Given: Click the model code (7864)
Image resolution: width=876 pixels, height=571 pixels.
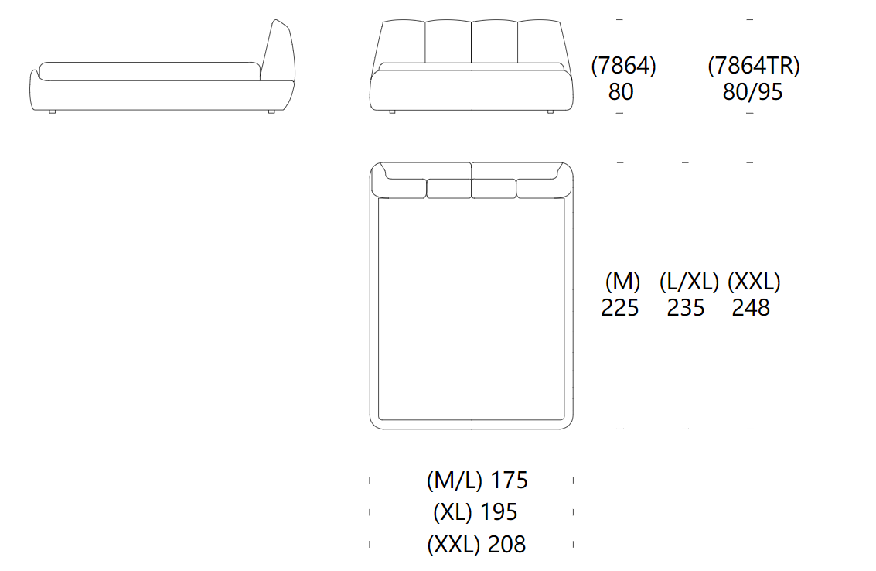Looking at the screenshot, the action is click(x=623, y=66).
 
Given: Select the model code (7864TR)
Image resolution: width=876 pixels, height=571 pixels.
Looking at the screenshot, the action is click(x=754, y=66).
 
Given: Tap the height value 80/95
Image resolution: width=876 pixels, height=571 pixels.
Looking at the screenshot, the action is click(x=752, y=92).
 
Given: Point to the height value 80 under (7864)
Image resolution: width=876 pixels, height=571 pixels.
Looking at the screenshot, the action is click(x=621, y=92).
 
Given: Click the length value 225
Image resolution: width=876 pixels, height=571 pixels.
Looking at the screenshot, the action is click(x=619, y=308).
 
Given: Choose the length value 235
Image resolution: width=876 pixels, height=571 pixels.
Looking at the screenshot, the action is click(x=686, y=308).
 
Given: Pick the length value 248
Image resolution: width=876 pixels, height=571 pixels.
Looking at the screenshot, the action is click(x=751, y=308).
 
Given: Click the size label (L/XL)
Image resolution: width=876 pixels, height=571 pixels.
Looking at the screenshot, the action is click(x=689, y=282).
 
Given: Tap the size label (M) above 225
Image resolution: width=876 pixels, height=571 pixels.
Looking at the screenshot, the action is click(x=622, y=282).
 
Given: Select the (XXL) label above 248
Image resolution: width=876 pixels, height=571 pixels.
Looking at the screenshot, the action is click(x=754, y=282).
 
